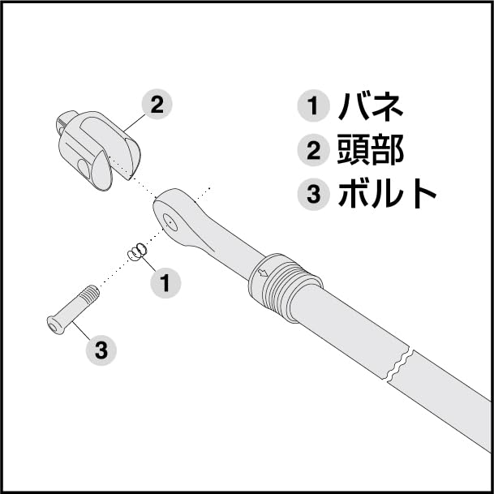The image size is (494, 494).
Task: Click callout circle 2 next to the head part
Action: pos(157,105)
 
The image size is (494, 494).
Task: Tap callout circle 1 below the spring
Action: pos(165,283)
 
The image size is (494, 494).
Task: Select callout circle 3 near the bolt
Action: pos(101,350)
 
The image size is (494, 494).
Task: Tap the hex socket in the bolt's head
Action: pos(54,326)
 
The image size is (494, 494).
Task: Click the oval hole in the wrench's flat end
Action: pos(170,220)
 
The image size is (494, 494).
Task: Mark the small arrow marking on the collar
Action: pos(263,273)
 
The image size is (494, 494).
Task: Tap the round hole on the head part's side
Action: pos(84,168)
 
